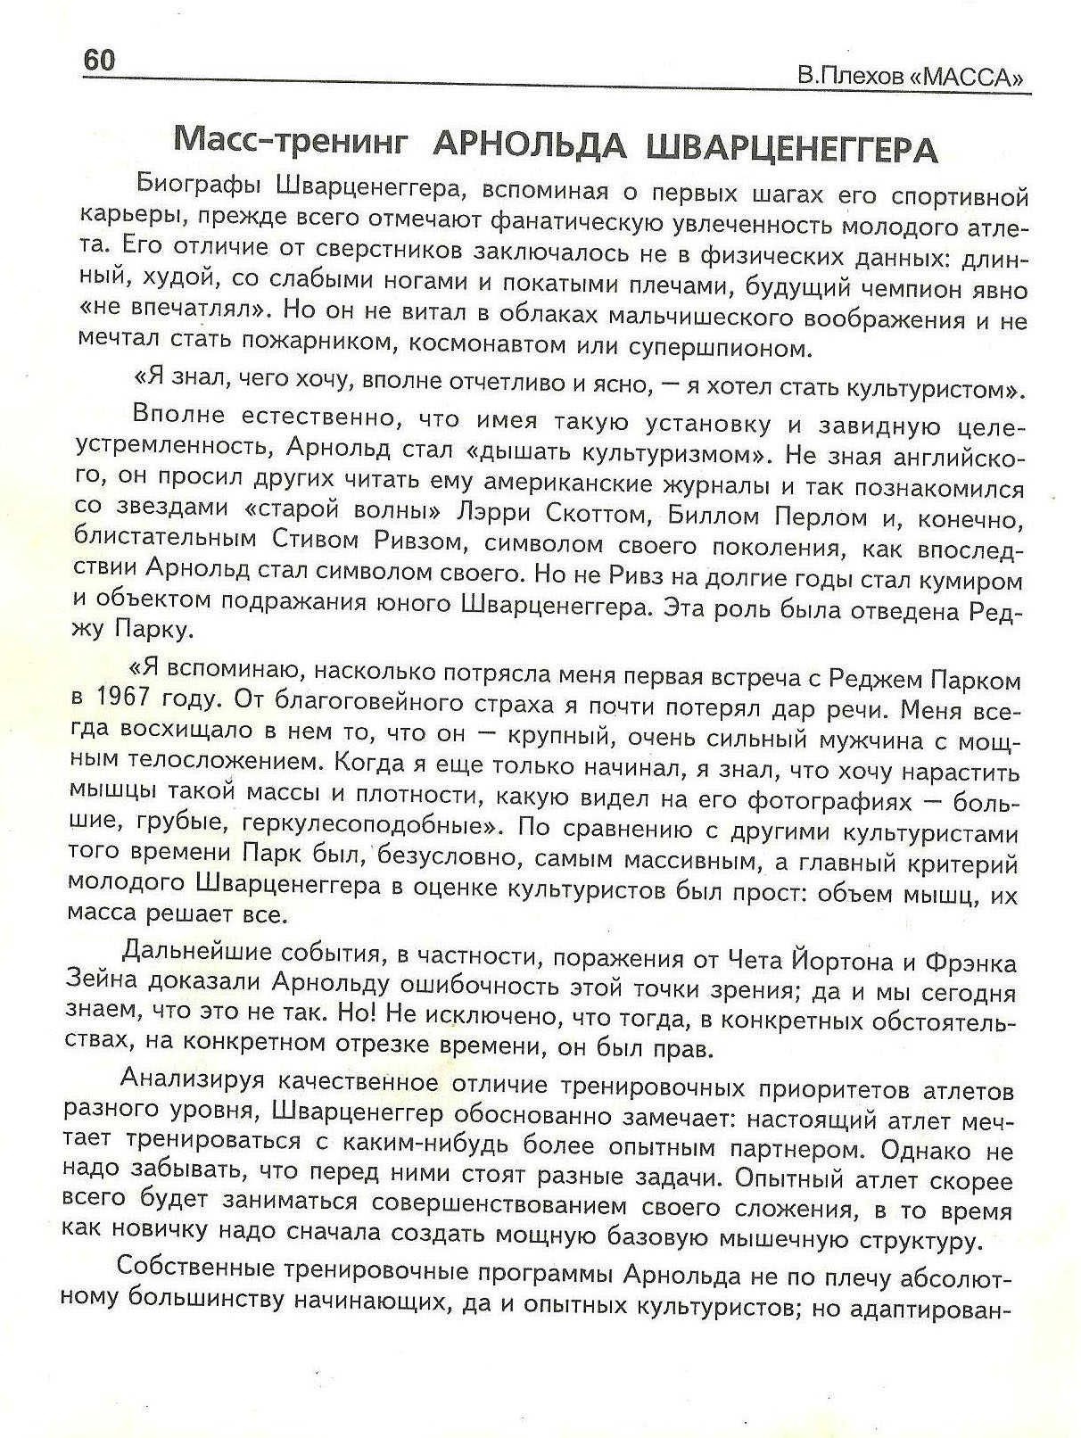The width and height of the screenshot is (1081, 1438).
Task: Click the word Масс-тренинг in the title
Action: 290,141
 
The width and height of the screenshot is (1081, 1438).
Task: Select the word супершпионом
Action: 707,346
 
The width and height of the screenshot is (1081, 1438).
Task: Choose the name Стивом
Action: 285,541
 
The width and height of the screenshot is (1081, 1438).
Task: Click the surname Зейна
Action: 101,979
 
